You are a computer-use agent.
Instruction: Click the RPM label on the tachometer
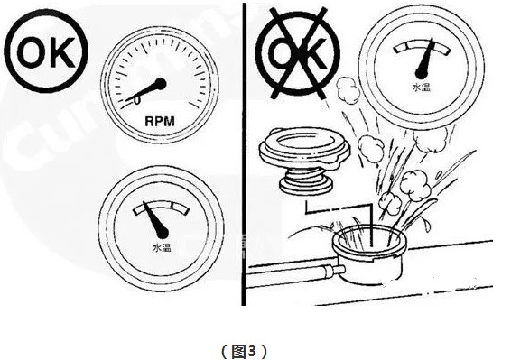click(x=160, y=122)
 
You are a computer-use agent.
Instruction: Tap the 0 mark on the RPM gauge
click(x=137, y=100)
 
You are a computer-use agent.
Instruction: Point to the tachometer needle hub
click(x=160, y=84)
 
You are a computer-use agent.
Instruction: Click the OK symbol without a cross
click(x=46, y=51)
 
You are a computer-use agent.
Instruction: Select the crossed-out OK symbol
click(x=298, y=53)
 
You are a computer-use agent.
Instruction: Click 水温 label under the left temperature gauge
click(x=162, y=247)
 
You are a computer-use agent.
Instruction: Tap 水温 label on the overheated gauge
click(x=421, y=88)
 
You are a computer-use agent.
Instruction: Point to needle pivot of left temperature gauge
click(x=162, y=233)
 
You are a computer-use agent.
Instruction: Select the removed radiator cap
click(x=305, y=161)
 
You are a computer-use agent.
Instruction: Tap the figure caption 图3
click(x=245, y=351)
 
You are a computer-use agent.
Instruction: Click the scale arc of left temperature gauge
click(x=161, y=207)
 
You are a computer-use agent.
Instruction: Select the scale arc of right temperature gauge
click(x=422, y=47)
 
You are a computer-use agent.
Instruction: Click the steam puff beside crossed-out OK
click(x=348, y=90)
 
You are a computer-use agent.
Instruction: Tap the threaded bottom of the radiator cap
click(x=305, y=181)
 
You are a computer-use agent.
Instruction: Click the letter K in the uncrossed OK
click(x=63, y=52)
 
